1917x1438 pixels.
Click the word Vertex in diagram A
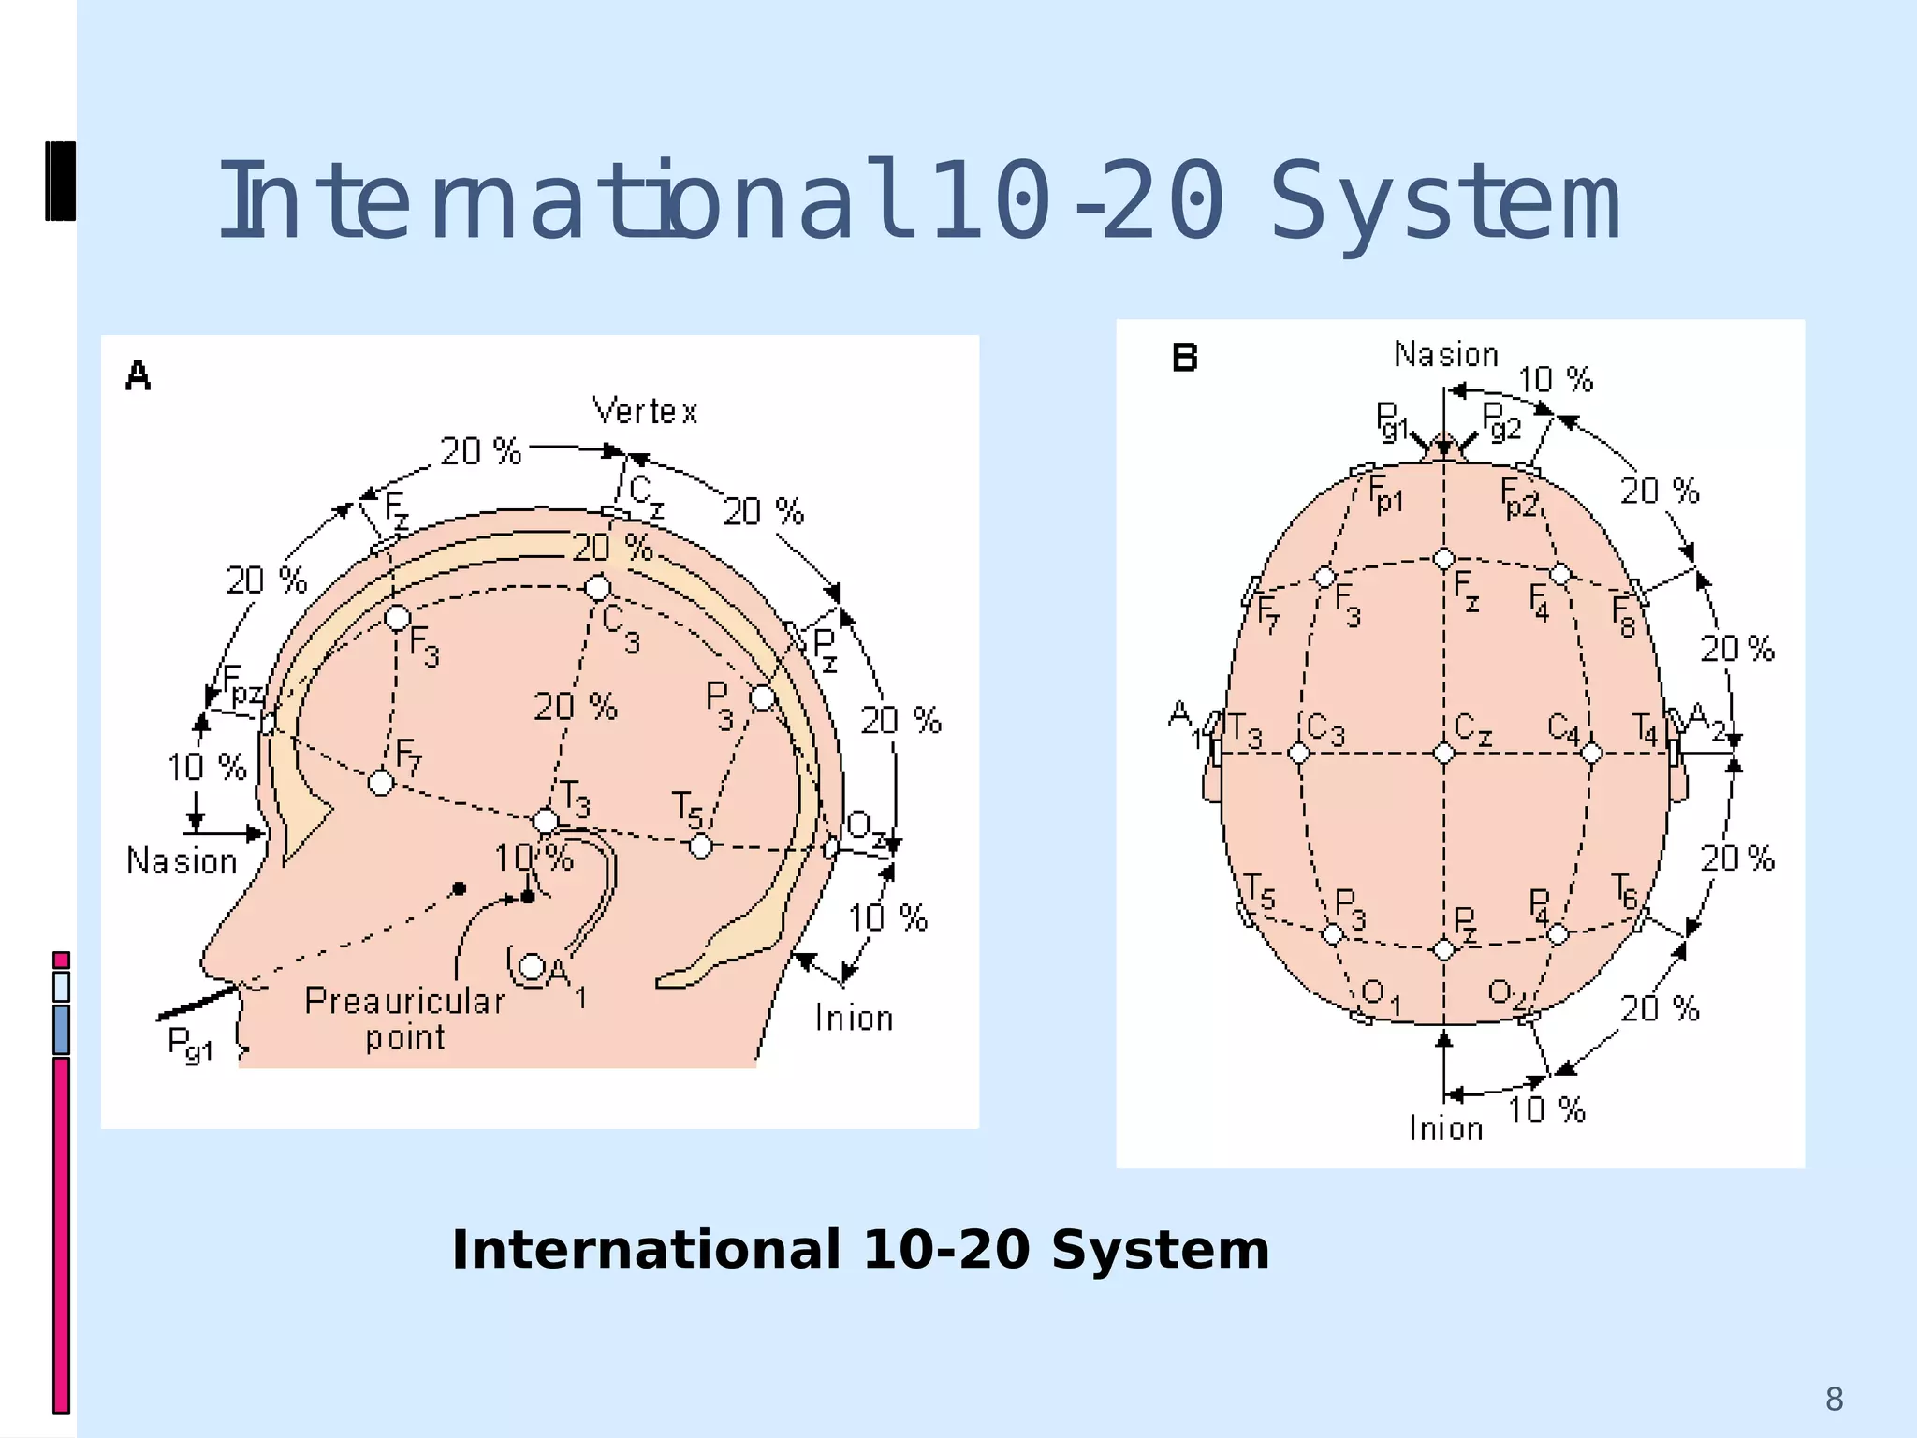645,411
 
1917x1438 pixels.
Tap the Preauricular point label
404,1020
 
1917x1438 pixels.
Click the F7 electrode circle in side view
381,782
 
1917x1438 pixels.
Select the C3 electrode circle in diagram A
597,588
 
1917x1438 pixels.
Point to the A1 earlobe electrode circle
532,966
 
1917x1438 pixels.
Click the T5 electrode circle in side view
700,846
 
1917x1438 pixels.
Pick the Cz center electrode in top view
1443,753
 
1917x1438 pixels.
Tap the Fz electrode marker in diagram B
1443,560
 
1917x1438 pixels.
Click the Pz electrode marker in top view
1443,949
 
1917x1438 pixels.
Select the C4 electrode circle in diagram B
1591,753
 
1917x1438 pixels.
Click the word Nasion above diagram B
1446,355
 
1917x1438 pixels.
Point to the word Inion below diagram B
1446,1129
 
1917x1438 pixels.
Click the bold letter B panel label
1185,358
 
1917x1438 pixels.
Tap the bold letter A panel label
139,376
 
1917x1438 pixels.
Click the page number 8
1834,1400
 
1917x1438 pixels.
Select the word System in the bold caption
1160,1250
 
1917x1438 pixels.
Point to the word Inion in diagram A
854,1019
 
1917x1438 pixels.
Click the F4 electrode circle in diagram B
1560,574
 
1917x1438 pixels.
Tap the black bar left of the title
60,181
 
